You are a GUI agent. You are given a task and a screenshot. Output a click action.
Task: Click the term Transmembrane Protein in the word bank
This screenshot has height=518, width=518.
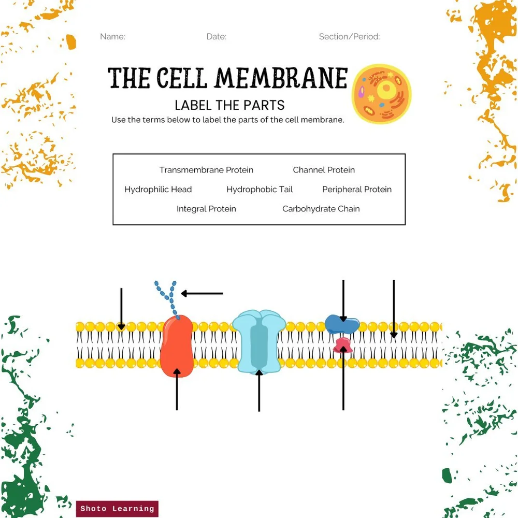point(206,170)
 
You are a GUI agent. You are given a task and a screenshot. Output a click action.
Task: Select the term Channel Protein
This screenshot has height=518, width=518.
point(324,170)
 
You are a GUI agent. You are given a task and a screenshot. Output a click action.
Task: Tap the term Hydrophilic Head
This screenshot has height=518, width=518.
point(158,190)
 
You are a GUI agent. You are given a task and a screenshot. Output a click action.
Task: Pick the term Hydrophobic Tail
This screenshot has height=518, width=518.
point(260,190)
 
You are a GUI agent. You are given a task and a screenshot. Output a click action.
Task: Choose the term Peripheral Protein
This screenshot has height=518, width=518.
point(357,190)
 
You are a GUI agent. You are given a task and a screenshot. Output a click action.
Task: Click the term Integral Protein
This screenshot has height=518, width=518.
point(206,209)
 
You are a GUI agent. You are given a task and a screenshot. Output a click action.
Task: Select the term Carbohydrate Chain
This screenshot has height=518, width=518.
point(321,209)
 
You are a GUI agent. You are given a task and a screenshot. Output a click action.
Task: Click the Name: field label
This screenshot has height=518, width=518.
point(112,37)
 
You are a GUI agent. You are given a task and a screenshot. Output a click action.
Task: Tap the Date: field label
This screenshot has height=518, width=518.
point(216,37)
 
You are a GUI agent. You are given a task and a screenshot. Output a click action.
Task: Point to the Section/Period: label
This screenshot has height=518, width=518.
point(349,37)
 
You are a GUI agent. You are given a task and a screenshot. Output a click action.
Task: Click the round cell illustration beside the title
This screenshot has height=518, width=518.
point(382,94)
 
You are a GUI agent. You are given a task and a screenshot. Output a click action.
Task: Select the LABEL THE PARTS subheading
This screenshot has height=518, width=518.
point(229,105)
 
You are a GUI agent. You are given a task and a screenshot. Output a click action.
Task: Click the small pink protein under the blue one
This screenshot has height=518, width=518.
point(342,346)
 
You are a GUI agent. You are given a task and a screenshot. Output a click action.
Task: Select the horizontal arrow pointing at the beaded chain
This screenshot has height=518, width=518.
point(202,294)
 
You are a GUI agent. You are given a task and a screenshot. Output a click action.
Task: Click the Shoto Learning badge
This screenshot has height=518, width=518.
point(117,509)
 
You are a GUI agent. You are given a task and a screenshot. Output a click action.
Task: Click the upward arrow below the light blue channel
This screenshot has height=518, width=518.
point(259,391)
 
